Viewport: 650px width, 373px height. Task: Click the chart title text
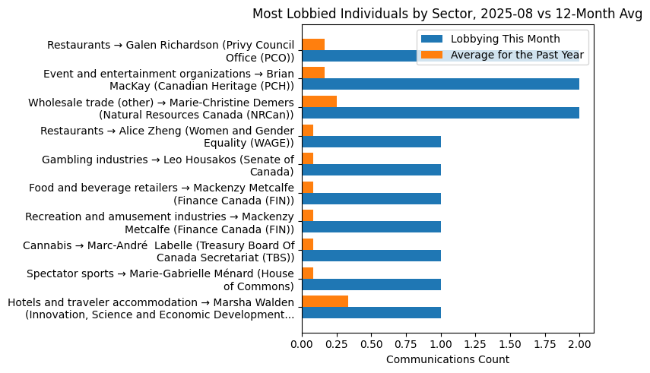pyautogui.click(x=447, y=14)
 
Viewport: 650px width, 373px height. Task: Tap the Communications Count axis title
pyautogui.click(x=447, y=359)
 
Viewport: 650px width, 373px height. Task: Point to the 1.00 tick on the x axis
pyautogui.click(x=441, y=343)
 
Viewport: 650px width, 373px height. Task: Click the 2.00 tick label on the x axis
pyautogui.click(x=579, y=343)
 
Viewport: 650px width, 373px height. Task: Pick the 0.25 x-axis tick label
pyautogui.click(x=337, y=343)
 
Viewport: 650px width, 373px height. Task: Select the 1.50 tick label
pyautogui.click(x=510, y=343)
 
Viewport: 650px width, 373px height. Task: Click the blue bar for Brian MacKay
pyautogui.click(x=440, y=84)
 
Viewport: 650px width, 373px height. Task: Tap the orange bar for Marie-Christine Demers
pyautogui.click(x=319, y=102)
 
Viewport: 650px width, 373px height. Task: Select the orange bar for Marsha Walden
pyautogui.click(x=325, y=302)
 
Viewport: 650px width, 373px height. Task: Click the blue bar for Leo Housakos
pyautogui.click(x=371, y=170)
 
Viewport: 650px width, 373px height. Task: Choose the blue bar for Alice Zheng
pyautogui.click(x=371, y=142)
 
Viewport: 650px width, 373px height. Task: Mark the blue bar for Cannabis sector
pyautogui.click(x=371, y=256)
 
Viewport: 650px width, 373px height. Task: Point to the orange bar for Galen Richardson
pyautogui.click(x=313, y=45)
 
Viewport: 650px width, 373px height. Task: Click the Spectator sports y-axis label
pyautogui.click(x=160, y=280)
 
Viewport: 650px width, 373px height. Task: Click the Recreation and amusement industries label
pyautogui.click(x=160, y=223)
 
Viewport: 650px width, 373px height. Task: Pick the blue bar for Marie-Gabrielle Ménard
pyautogui.click(x=371, y=285)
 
